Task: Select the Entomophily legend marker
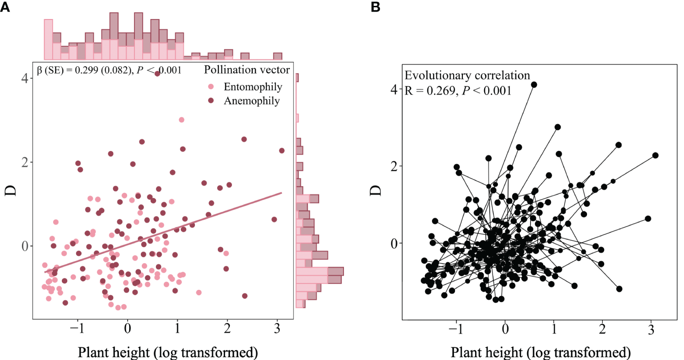(211, 87)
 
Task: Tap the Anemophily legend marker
(211, 101)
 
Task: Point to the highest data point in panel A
(157, 74)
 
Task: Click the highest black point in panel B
(534, 84)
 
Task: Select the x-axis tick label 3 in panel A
(277, 328)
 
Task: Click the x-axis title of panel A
(163, 351)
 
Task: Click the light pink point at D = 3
(182, 119)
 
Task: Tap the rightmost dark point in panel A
(282, 151)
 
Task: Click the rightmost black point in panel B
(656, 155)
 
